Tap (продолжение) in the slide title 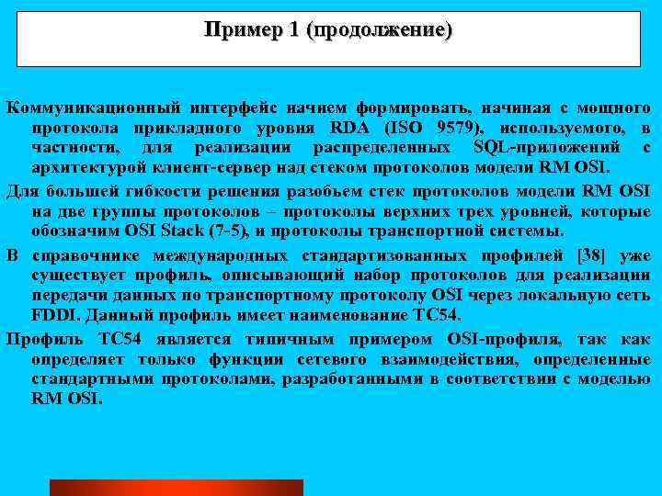click(x=382, y=30)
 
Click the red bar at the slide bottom click(x=176, y=487)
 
